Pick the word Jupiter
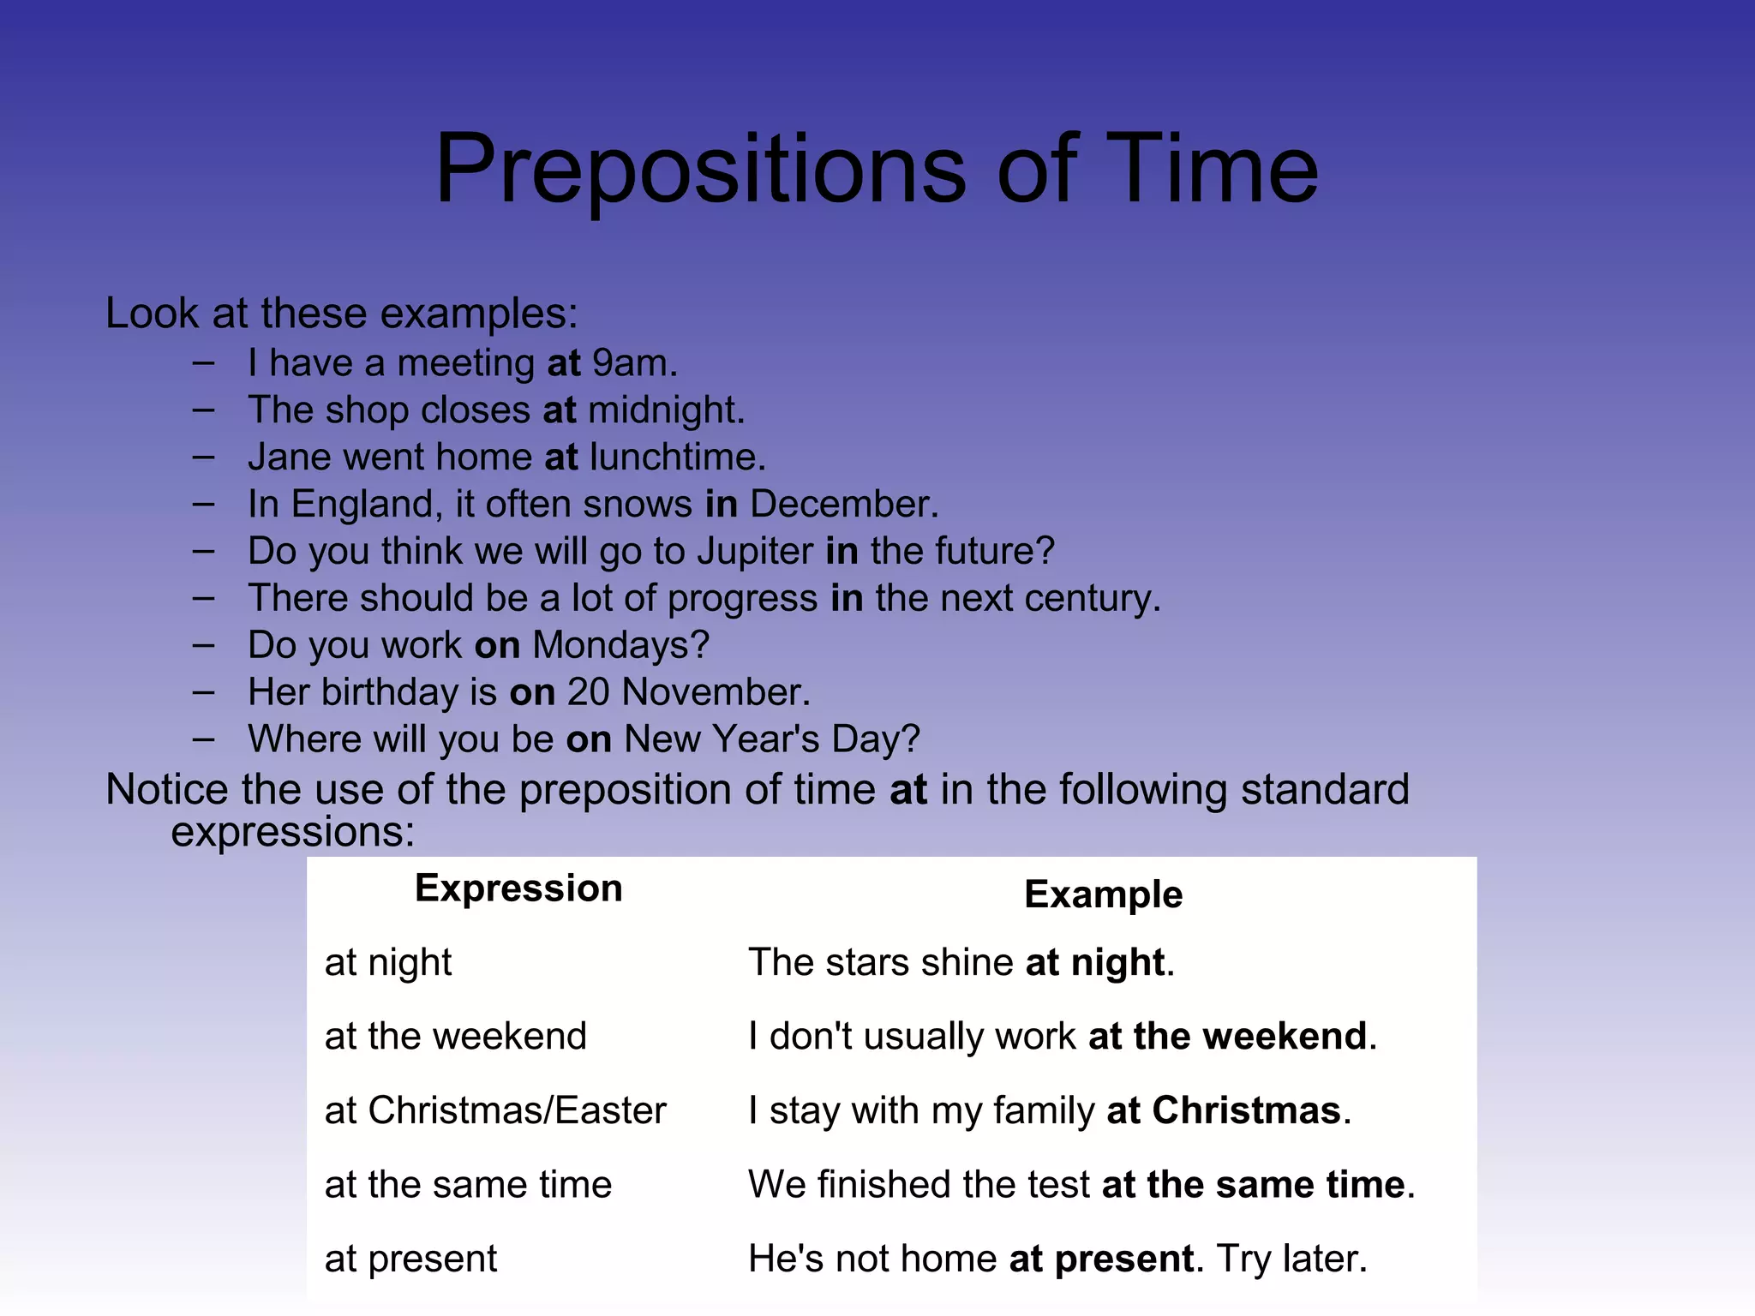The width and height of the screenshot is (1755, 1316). [754, 552]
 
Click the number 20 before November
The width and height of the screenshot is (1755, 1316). [588, 692]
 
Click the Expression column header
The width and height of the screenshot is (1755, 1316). [518, 888]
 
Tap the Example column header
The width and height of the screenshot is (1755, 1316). [1103, 894]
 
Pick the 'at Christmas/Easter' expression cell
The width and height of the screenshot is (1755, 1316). [495, 1110]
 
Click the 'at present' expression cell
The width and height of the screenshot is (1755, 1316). [410, 1259]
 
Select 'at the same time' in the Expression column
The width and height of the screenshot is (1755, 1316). [468, 1185]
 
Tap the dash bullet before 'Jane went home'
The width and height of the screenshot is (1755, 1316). [203, 458]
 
